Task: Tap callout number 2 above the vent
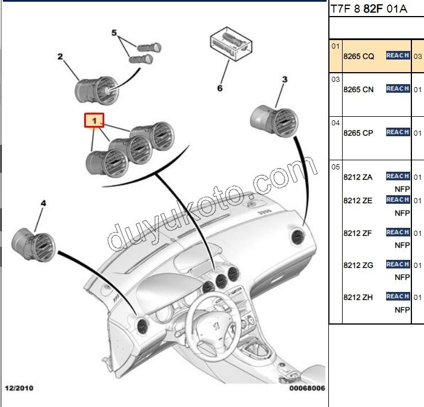point(60,56)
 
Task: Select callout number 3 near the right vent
point(284,80)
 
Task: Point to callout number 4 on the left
point(42,203)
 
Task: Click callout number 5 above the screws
point(113,33)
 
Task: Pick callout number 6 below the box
point(219,88)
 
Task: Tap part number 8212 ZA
point(358,177)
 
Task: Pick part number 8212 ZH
point(358,297)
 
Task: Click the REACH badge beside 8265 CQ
point(398,56)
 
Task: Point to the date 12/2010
point(19,388)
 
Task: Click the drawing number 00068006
point(307,388)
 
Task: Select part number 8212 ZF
point(358,233)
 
